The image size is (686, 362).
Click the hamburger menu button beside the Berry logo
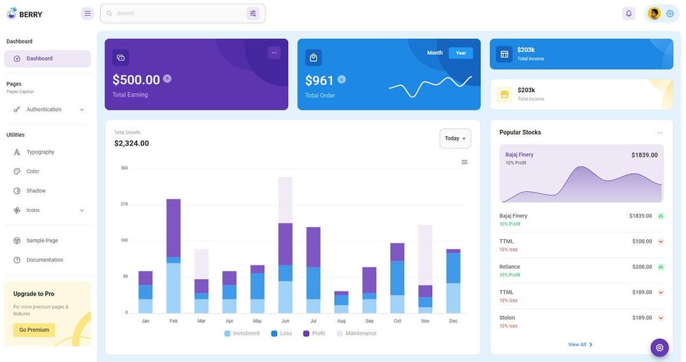(87, 13)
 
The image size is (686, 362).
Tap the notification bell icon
(628, 13)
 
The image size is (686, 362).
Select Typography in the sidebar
(40, 152)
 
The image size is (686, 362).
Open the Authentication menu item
(44, 110)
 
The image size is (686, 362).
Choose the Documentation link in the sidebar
(45, 260)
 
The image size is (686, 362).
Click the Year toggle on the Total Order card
(461, 53)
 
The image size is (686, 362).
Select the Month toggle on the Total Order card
(435, 53)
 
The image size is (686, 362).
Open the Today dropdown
(455, 138)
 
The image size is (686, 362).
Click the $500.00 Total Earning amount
(136, 80)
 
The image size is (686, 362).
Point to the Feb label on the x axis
(174, 321)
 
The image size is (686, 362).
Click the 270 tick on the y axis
(124, 204)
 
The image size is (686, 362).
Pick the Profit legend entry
(314, 333)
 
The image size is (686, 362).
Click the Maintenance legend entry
(356, 333)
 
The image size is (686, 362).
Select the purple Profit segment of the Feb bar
(174, 228)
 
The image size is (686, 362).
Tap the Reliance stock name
(510, 267)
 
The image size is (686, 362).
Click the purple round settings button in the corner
(659, 348)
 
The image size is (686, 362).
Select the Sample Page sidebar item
(42, 241)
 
